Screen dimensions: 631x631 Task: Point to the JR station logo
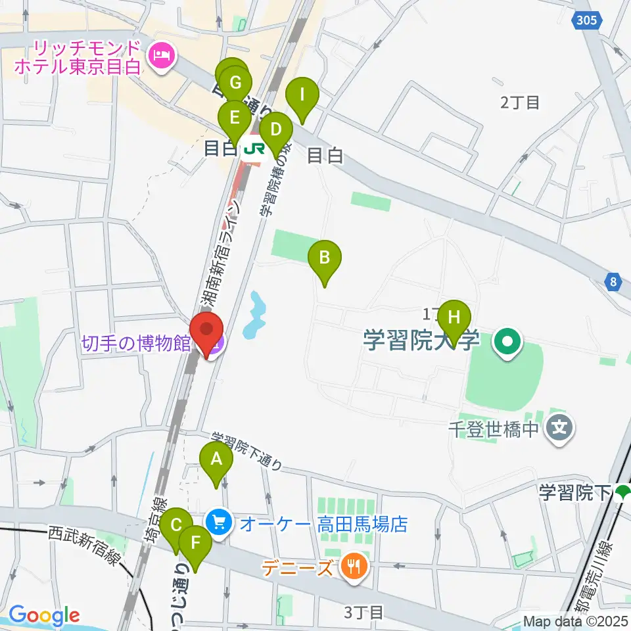(252, 149)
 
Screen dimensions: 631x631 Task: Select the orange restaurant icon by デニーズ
(354, 565)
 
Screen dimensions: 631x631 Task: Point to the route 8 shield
(613, 282)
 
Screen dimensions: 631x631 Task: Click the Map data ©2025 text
(575, 620)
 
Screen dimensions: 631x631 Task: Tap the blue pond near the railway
(256, 315)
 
